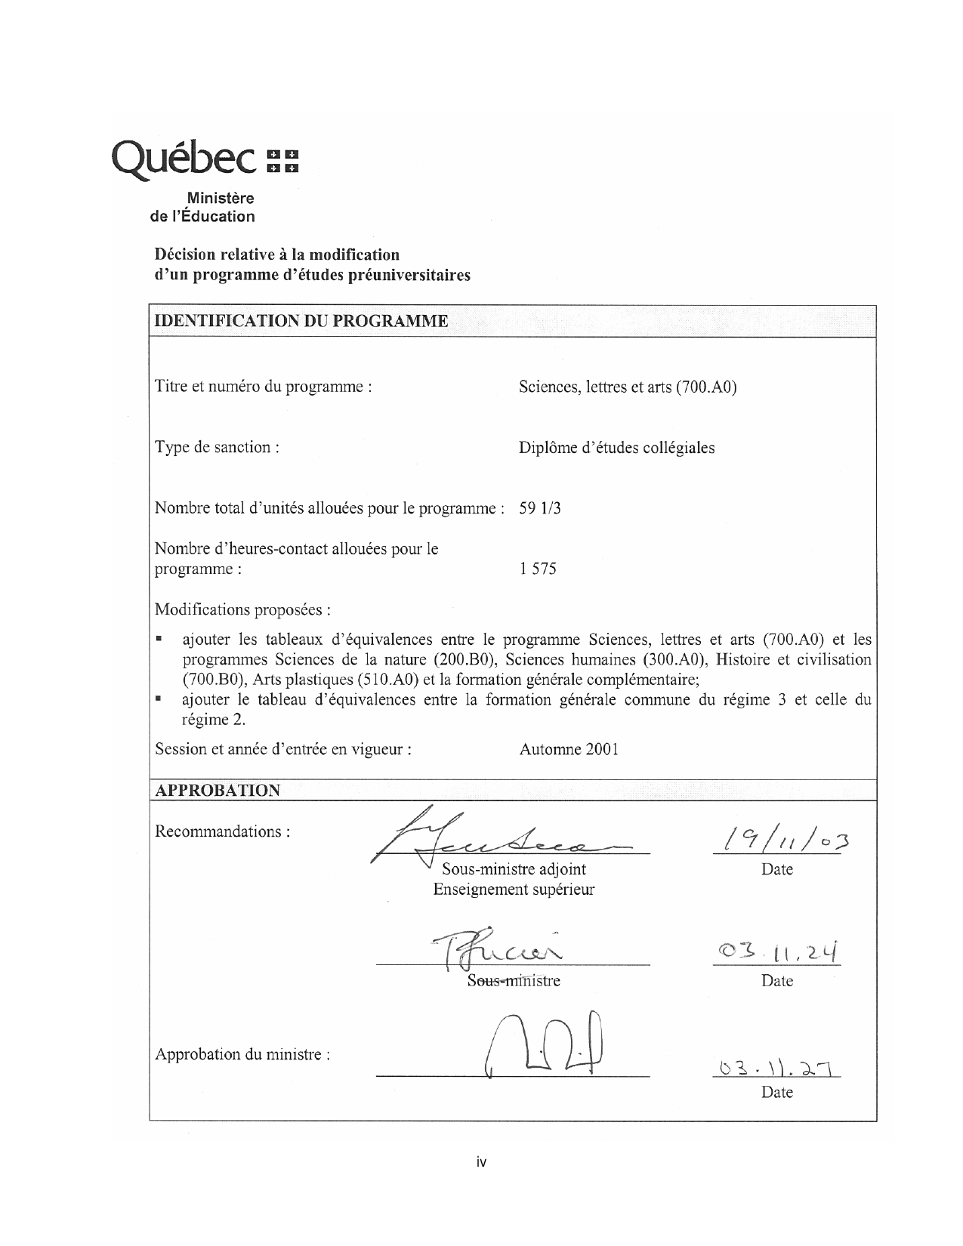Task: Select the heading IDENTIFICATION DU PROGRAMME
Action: (301, 321)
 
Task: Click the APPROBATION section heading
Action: (218, 791)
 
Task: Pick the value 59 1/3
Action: (540, 508)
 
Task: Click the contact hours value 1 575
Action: (538, 569)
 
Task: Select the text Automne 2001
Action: (569, 750)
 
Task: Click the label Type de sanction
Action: (217, 447)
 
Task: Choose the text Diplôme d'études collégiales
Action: (616, 448)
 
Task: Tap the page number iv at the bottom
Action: (481, 1162)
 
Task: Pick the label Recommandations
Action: (223, 831)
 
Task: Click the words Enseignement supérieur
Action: (514, 890)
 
